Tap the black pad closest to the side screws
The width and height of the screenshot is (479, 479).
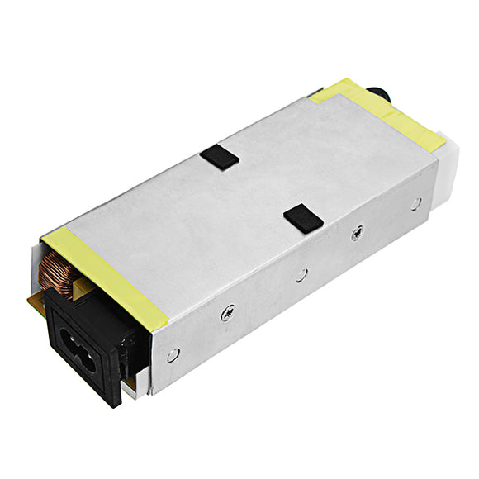[x=302, y=218]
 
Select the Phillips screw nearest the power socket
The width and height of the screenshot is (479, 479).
[x=228, y=313]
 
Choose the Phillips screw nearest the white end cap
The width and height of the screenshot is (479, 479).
[x=357, y=233]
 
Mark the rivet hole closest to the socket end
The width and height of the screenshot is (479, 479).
[x=172, y=354]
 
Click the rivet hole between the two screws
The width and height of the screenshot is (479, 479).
[x=302, y=274]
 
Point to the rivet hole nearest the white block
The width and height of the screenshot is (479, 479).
[x=415, y=203]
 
